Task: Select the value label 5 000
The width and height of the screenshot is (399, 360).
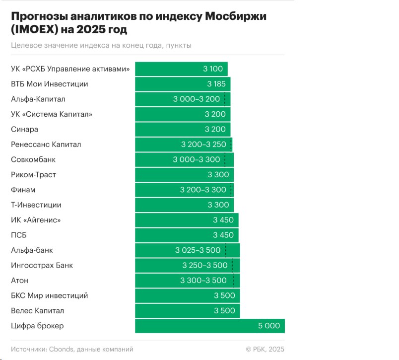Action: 268,326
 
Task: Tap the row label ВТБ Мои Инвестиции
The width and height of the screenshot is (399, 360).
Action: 50,84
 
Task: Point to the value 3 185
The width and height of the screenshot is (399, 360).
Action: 216,84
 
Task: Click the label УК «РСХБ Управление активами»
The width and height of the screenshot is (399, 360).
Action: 70,69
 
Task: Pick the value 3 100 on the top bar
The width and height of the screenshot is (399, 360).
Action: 213,69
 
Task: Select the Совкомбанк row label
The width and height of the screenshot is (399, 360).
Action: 33,159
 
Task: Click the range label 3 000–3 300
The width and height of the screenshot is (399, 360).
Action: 196,159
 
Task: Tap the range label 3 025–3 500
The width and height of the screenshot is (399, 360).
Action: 198,250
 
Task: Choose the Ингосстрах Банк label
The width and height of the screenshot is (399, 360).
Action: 42,265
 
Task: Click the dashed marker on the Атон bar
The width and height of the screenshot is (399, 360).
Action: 233,281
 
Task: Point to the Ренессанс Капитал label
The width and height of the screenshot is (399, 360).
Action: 46,144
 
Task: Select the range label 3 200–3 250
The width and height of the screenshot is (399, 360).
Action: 203,144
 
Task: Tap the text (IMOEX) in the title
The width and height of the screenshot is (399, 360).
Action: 34,30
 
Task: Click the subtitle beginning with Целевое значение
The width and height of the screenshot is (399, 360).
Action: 101,45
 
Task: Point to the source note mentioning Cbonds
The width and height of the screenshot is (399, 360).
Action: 72,349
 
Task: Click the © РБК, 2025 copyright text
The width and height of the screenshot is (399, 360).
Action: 265,349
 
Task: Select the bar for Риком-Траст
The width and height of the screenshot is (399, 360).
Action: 184,175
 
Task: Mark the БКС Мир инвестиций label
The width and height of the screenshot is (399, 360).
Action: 50,295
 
